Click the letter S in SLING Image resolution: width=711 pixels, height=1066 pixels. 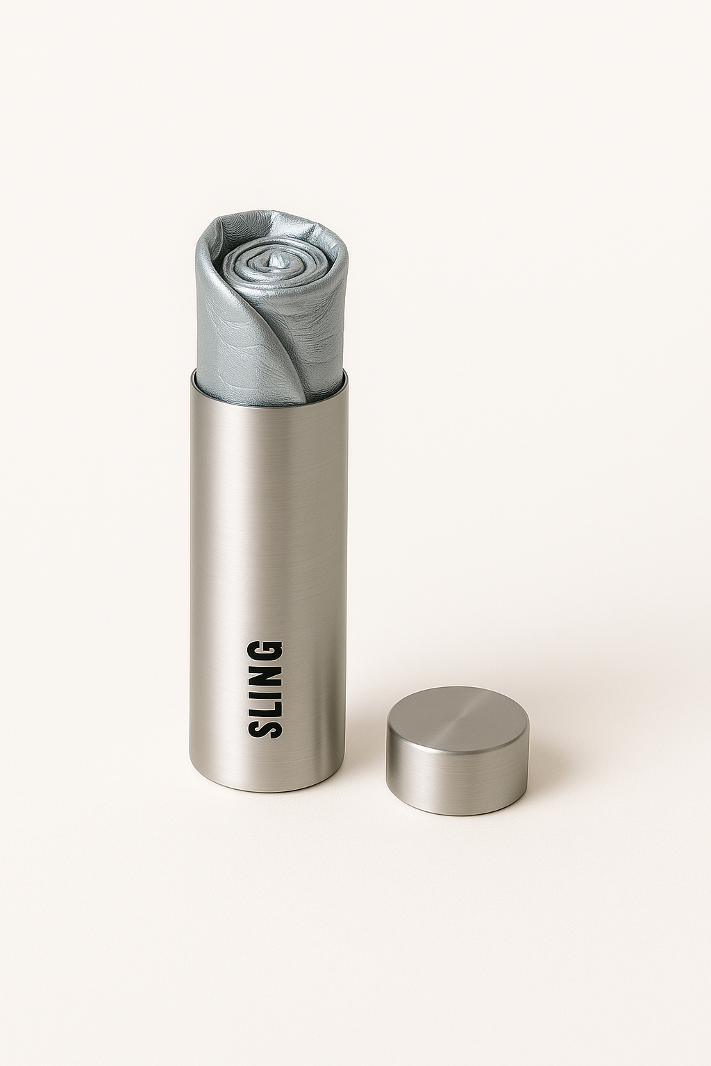click(x=265, y=722)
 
